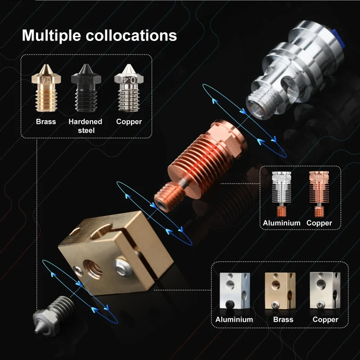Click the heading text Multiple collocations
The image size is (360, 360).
click(x=99, y=35)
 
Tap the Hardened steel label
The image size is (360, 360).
click(x=85, y=126)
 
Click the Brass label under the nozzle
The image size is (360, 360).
click(x=46, y=121)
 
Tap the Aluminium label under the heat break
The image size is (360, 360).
click(x=282, y=223)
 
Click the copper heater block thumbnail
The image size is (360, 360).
click(x=324, y=292)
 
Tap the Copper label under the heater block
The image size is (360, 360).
click(x=325, y=319)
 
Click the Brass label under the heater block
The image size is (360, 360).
click(x=283, y=319)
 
